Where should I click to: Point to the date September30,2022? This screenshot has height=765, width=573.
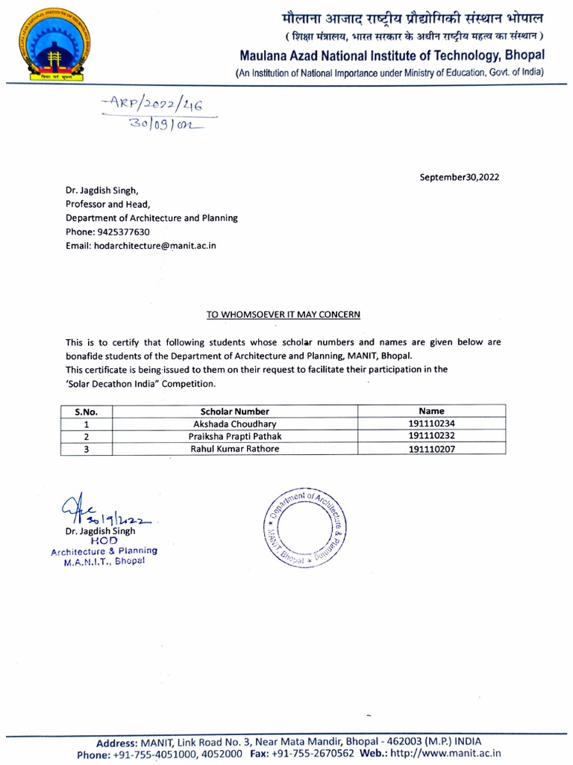[460, 177]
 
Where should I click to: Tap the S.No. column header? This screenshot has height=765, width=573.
[87, 411]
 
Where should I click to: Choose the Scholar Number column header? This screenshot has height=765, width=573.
[235, 411]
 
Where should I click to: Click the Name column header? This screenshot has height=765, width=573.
[431, 411]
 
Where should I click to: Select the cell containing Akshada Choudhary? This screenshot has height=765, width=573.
[235, 423]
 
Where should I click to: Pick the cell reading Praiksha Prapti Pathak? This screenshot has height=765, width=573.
[235, 436]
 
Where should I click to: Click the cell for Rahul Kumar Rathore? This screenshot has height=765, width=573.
[235, 449]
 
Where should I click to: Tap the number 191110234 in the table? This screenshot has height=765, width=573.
[431, 423]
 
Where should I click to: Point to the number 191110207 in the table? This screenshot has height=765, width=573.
[431, 449]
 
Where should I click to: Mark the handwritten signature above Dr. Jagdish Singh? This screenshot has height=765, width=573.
[104, 513]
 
